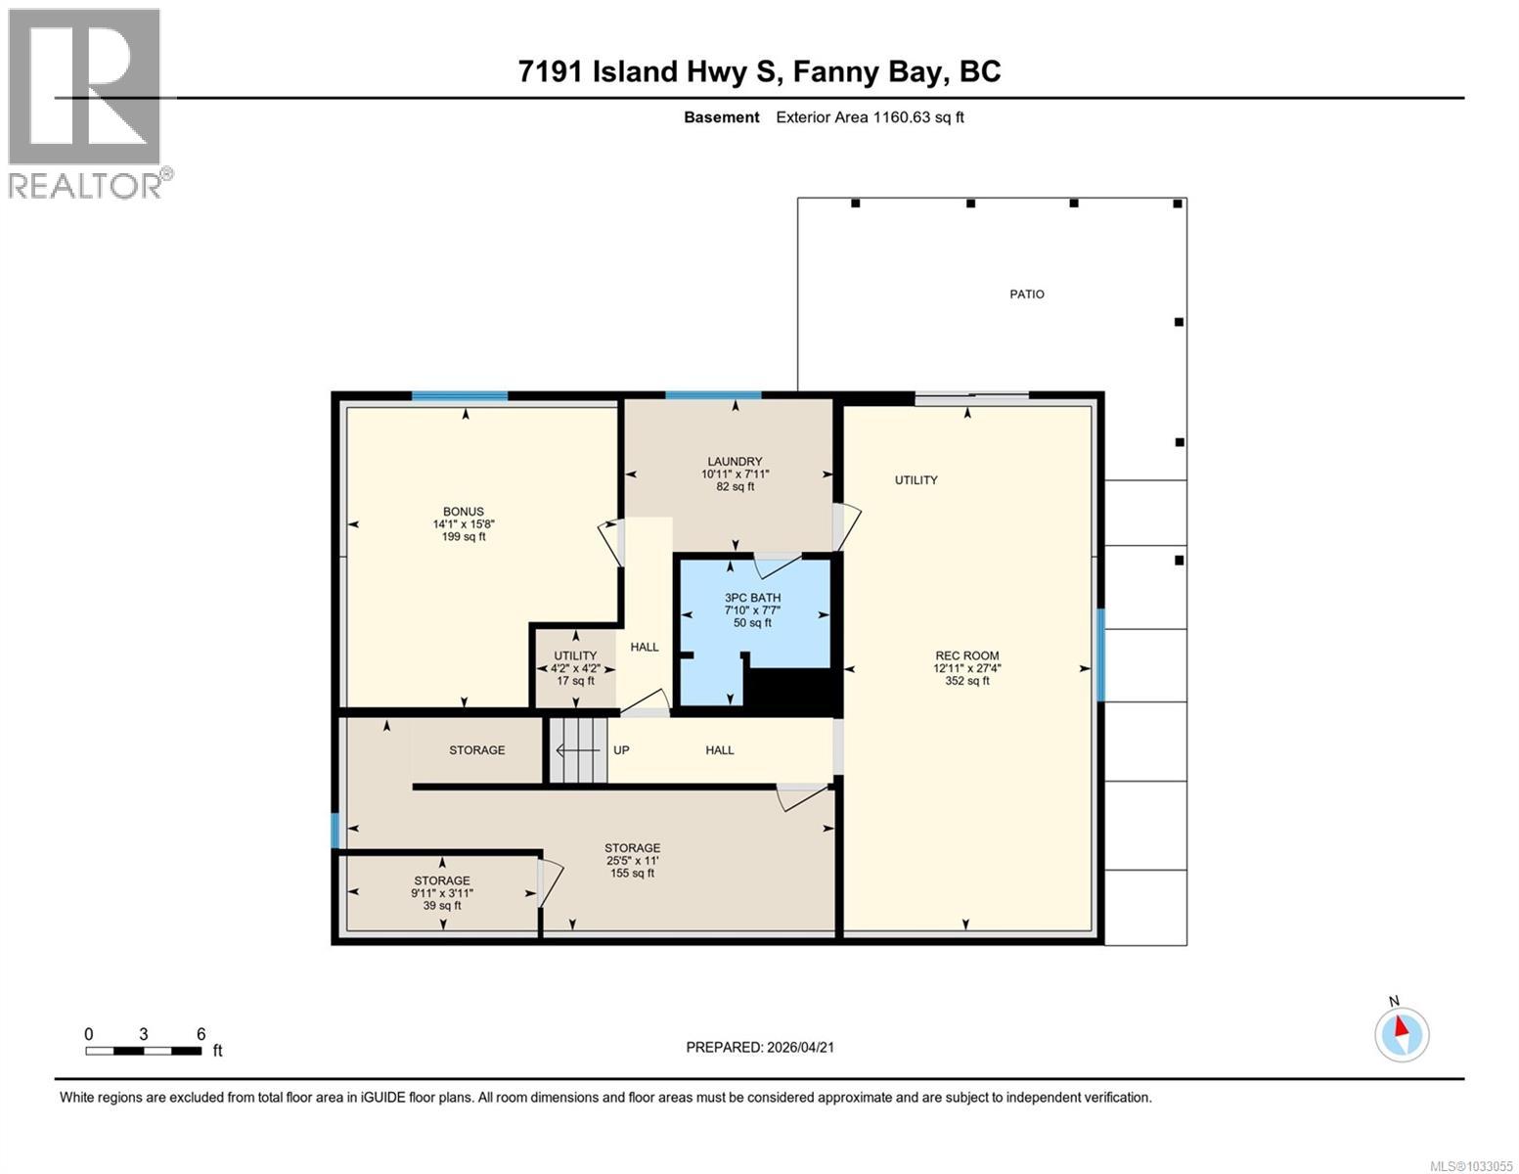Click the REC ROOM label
(x=966, y=656)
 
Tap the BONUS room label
(x=464, y=512)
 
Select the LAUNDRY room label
(x=735, y=462)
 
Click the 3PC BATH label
(x=752, y=598)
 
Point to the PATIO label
(x=1026, y=294)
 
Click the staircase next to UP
(x=577, y=750)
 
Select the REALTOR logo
(x=87, y=103)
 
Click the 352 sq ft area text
(x=966, y=682)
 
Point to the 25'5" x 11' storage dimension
(x=632, y=861)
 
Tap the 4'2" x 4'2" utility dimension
(x=575, y=669)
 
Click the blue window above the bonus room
(x=460, y=396)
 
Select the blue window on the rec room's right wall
(x=1100, y=655)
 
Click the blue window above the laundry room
(x=713, y=395)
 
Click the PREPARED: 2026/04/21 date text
(x=760, y=1047)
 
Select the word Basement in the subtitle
(x=721, y=117)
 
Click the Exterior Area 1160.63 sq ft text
(x=870, y=117)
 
